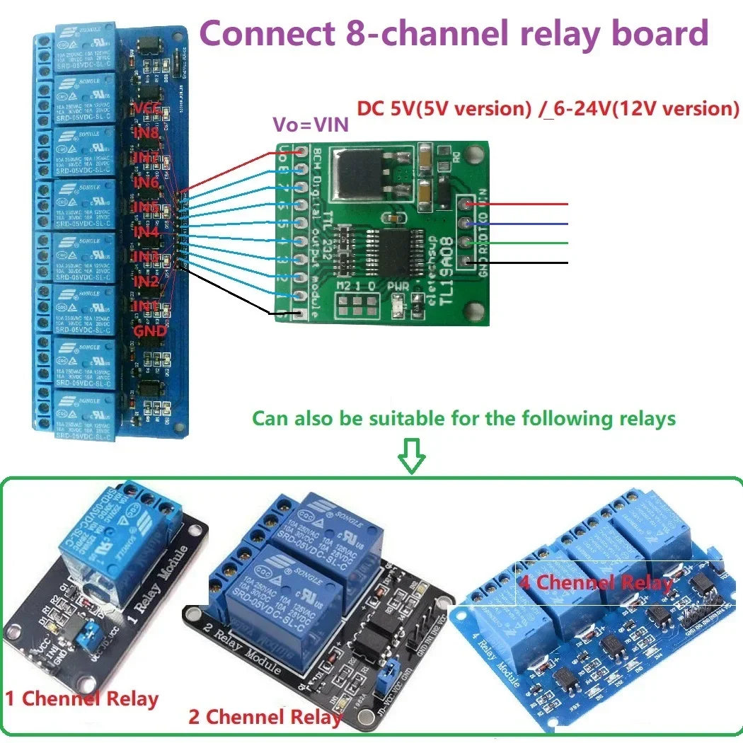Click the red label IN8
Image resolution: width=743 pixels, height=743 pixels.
click(146, 132)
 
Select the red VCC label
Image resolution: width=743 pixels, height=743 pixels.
click(147, 108)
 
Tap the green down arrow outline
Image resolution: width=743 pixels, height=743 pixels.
click(412, 456)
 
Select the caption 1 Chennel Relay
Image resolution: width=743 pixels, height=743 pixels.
click(81, 699)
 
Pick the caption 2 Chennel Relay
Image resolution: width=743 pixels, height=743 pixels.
click(265, 717)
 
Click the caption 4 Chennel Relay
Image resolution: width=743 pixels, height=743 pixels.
click(595, 582)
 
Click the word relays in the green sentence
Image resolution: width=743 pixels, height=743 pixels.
click(640, 418)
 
